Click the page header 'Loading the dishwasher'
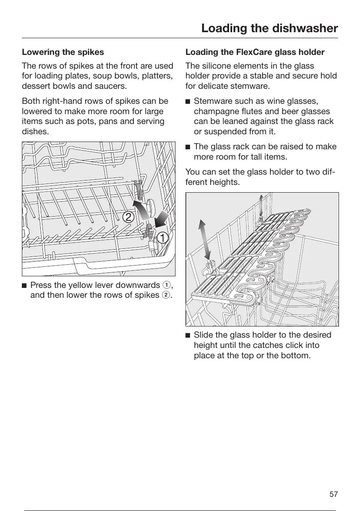tap(269, 28)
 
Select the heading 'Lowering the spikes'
tap(63, 52)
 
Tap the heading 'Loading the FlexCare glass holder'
tap(255, 52)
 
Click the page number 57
tap(333, 494)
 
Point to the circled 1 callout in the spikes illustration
tap(161, 237)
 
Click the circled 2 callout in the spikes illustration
tap(127, 217)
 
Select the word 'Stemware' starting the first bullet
tap(212, 101)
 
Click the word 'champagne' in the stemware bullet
tap(215, 112)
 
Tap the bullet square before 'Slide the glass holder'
tap(188, 335)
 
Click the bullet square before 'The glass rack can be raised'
tap(188, 147)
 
